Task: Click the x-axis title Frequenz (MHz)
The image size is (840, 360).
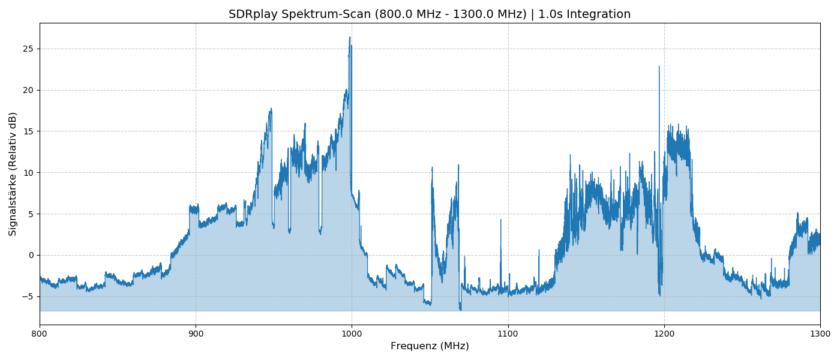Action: pos(430,346)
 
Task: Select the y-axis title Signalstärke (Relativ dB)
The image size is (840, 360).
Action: pos(13,173)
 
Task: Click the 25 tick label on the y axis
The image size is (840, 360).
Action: pos(28,49)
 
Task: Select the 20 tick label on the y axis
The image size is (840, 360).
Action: pos(28,90)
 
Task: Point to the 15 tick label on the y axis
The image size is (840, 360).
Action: pos(28,131)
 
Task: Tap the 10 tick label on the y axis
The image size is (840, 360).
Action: pos(28,173)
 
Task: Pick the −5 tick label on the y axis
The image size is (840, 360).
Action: pos(28,296)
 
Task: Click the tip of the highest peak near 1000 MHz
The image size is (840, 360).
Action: pos(350,37)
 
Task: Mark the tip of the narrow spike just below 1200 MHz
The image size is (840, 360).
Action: pos(659,67)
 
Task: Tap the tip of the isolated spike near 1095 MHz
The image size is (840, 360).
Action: pos(500,220)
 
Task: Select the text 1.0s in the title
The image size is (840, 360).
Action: pos(548,14)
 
